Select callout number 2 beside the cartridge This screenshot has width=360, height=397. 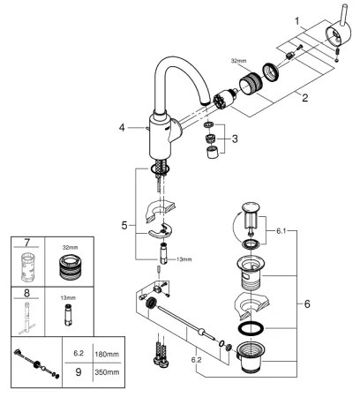(304, 99)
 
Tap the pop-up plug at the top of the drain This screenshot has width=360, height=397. (251, 216)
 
